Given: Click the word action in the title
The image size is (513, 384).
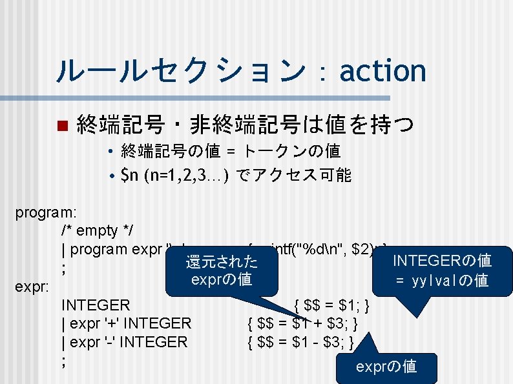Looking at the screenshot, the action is pos(382,70).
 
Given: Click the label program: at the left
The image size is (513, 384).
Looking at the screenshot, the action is pos(45,212).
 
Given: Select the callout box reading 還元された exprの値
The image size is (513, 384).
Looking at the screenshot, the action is pos(222,270).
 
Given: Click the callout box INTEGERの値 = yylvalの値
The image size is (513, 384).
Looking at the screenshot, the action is pos(443,270).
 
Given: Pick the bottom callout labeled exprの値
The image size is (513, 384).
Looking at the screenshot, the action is pos(386,367).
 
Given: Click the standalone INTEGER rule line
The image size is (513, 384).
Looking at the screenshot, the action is pos(96,305).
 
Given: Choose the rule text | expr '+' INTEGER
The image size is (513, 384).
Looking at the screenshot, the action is pos(126,323).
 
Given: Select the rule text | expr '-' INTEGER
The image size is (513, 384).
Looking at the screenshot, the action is pos(124,342).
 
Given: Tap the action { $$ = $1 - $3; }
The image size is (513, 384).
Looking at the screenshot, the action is pos(301,342).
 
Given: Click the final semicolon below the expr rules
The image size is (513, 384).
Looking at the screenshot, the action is pos(63,361).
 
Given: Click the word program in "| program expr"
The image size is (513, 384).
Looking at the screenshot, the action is pos(101,249).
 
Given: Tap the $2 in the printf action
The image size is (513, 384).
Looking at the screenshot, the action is pos(361,249).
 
